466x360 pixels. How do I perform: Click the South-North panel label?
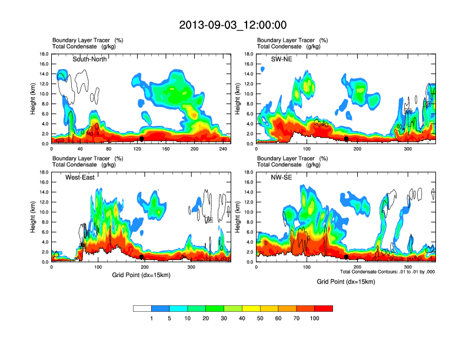click(x=89, y=59)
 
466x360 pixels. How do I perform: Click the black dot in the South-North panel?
click(x=141, y=139)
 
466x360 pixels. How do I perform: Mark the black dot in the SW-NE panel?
click(x=347, y=139)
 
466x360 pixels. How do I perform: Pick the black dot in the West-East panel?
click(x=141, y=257)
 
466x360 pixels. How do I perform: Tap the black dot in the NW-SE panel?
click(x=347, y=257)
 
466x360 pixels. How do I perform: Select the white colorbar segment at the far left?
click(x=142, y=308)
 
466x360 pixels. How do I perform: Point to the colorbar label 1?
click(x=151, y=318)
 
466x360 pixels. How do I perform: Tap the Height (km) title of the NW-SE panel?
click(x=238, y=217)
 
